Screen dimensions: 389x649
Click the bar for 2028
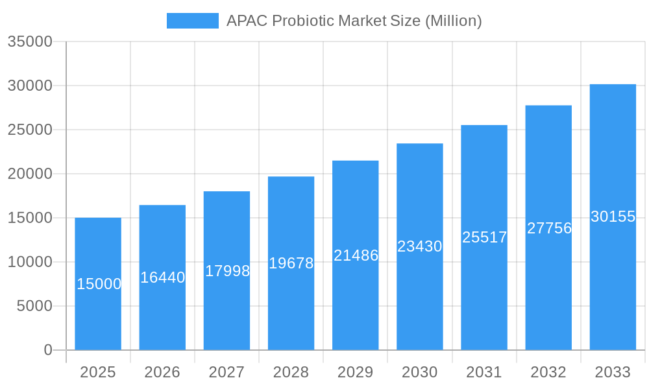click(291, 305)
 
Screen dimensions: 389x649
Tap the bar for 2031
click(484, 292)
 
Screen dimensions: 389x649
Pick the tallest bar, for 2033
click(613, 279)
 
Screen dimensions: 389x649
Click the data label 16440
click(163, 277)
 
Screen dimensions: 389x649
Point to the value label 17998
click(227, 271)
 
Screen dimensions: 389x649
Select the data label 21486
click(356, 255)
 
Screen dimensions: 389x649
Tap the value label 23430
click(420, 246)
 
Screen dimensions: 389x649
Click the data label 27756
click(549, 228)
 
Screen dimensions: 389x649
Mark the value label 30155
click(613, 217)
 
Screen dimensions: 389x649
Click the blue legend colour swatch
click(193, 21)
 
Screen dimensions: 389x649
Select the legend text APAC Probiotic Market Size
click(354, 21)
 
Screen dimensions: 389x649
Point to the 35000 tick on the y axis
click(30, 41)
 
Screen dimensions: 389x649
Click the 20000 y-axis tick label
click(30, 174)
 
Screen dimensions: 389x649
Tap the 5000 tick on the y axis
click(34, 306)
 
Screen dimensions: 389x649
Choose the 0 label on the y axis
click(48, 350)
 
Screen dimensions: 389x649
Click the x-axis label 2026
click(162, 372)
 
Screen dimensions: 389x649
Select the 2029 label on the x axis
click(356, 372)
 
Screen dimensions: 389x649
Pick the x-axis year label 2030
click(420, 372)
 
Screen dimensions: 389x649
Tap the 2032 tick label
click(548, 372)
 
